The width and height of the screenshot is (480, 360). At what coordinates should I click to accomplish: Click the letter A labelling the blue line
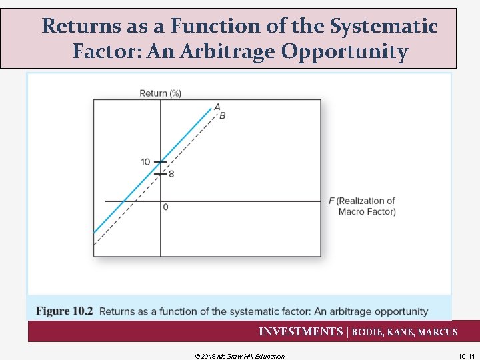pos(217,106)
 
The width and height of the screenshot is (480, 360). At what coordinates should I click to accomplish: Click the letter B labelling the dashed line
pos(223,115)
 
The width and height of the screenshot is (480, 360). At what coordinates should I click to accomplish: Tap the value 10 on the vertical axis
pos(145,162)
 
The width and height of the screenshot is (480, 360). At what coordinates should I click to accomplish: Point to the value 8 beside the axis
pos(171,174)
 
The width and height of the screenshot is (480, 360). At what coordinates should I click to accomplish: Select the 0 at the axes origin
pos(165,207)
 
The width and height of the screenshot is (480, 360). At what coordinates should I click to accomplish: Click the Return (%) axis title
pos(160,93)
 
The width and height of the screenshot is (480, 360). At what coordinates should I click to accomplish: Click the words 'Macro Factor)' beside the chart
pos(367,212)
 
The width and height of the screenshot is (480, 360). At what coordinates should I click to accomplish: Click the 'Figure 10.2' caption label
pos(65,311)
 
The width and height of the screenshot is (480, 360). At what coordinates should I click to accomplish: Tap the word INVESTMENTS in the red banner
pos(300,332)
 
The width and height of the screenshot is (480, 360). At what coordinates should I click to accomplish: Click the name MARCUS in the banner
pos(438,332)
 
